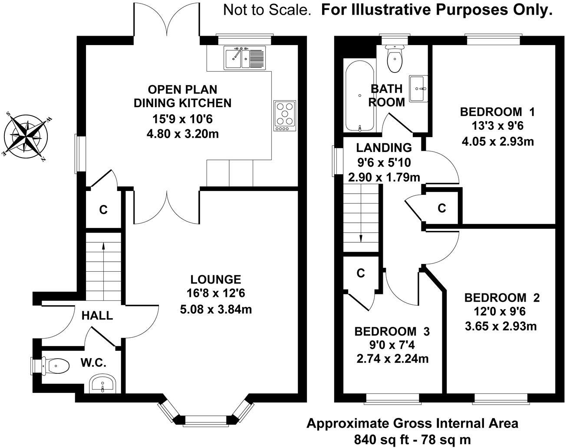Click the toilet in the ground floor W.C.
pos(56,366)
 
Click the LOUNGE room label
pos(216,279)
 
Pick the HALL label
pos(97,316)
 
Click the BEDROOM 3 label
pos(392,332)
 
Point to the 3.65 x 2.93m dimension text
pos(501,326)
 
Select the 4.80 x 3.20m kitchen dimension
pos(183,133)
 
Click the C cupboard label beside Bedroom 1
pos(442,208)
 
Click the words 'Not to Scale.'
pos(267,10)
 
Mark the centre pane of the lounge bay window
pos(206,420)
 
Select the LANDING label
pos(384,148)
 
